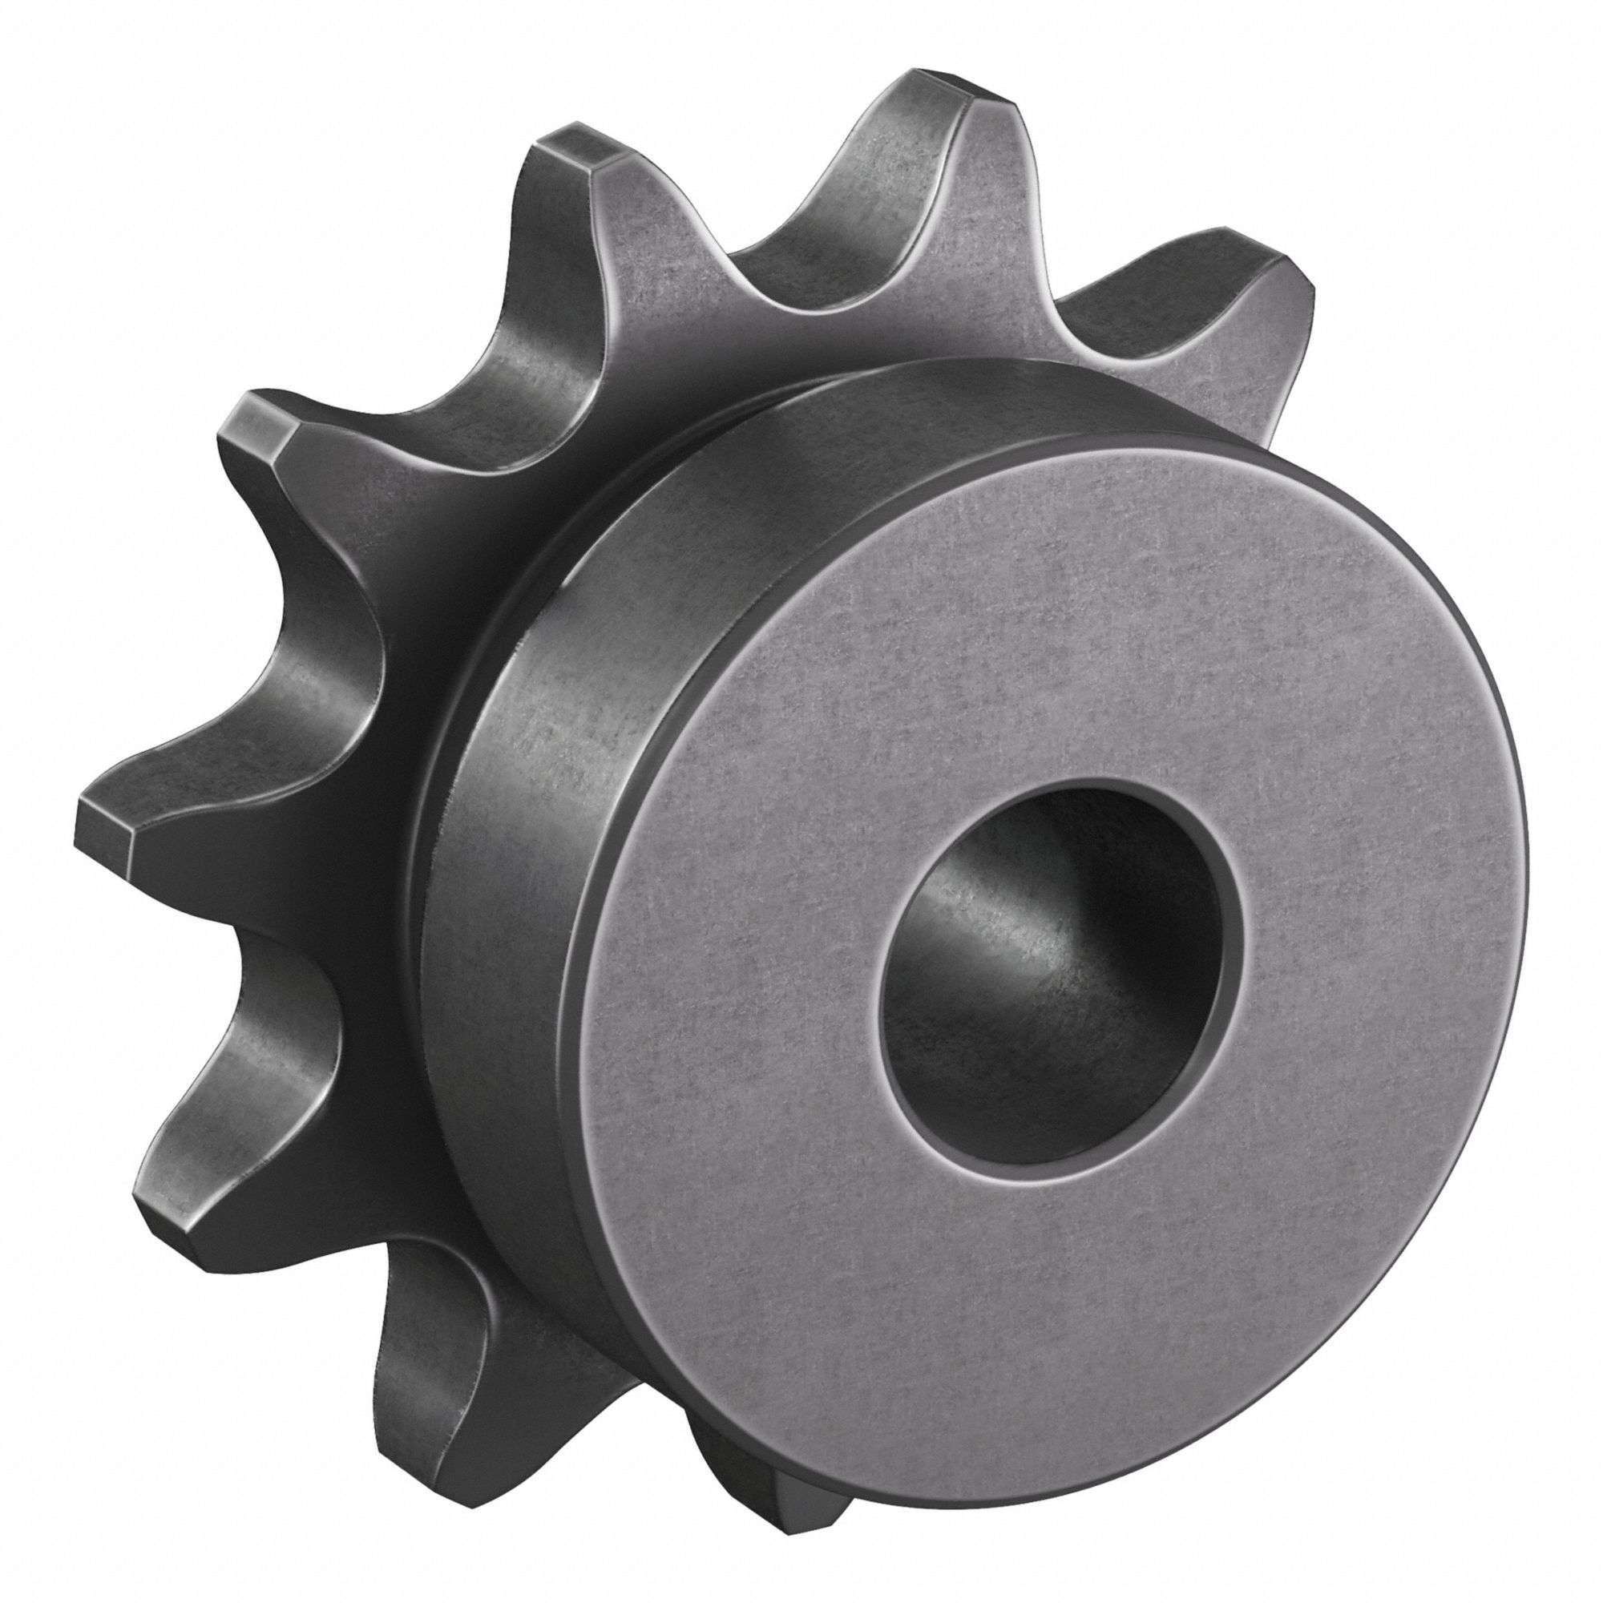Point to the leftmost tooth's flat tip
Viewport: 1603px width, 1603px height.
click(x=103, y=822)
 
